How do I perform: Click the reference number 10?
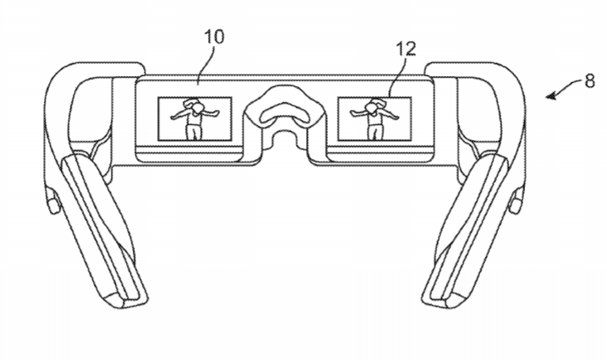(x=214, y=37)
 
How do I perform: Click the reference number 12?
(x=405, y=49)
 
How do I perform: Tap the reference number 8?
(x=589, y=81)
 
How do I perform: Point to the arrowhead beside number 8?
(x=551, y=95)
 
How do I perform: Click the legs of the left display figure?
(x=194, y=132)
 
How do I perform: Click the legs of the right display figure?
(x=373, y=132)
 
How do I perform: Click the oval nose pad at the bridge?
(x=284, y=115)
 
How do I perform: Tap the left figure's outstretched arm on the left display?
(x=178, y=115)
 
